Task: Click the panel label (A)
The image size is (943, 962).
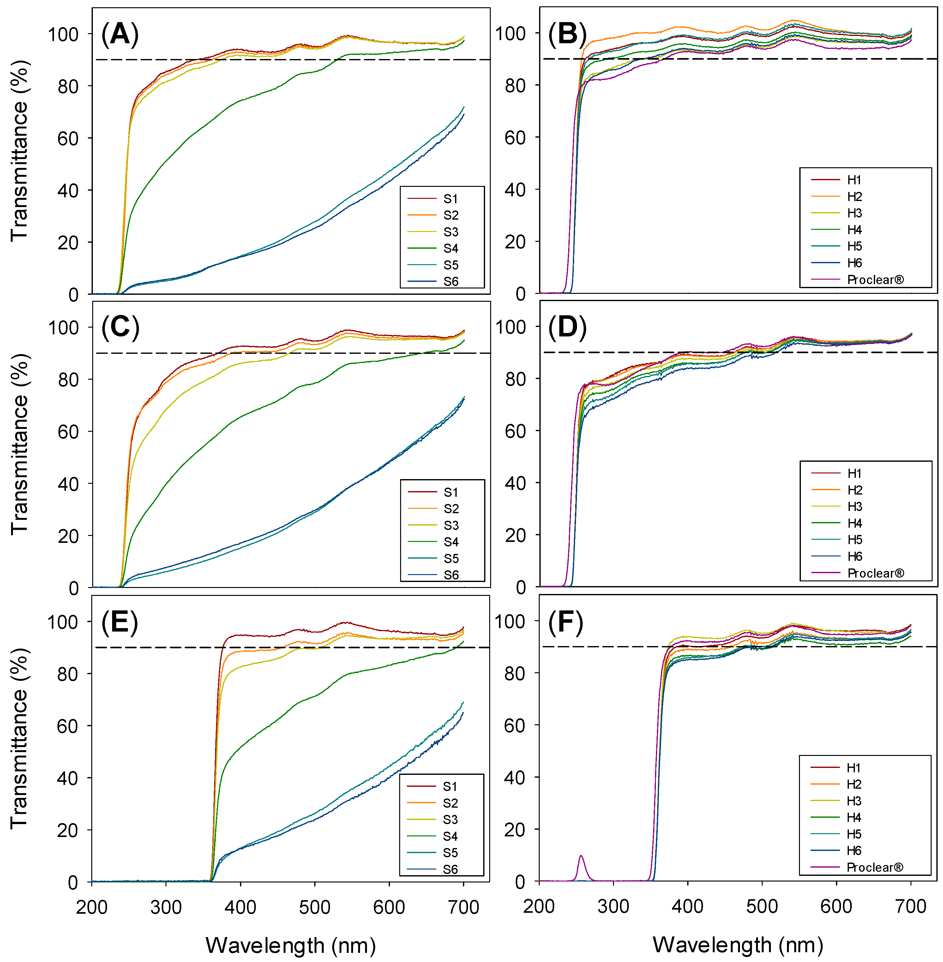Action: coord(120,35)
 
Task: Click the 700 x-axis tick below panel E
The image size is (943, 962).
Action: coord(463,908)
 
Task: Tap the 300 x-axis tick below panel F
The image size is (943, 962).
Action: coord(614,906)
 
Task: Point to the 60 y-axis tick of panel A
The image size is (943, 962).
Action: coord(68,139)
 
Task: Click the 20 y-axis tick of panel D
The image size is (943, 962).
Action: coord(515,535)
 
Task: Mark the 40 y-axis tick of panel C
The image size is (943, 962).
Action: coord(68,484)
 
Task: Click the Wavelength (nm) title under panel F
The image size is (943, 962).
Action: coord(738,945)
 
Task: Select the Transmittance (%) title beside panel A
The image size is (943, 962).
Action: coord(19,151)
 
